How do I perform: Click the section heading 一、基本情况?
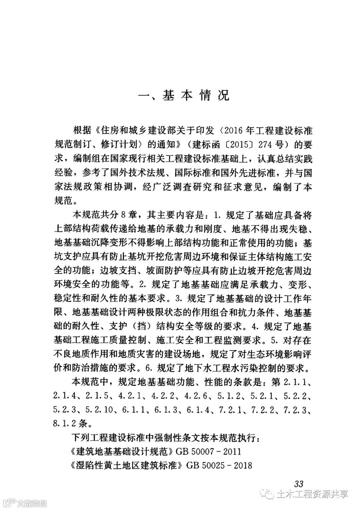184,95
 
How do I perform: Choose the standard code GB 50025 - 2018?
219,465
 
